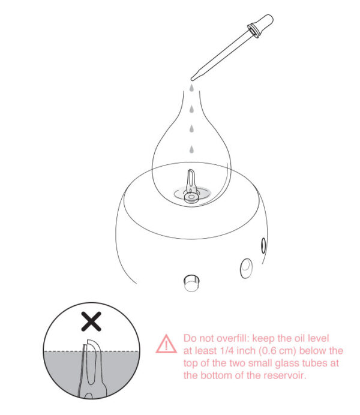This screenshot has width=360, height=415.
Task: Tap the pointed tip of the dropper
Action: (x=192, y=77)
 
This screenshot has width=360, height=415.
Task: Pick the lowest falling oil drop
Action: (x=191, y=149)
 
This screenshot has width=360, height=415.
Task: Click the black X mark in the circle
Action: (x=91, y=322)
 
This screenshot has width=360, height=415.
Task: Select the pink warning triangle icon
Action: (x=163, y=344)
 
